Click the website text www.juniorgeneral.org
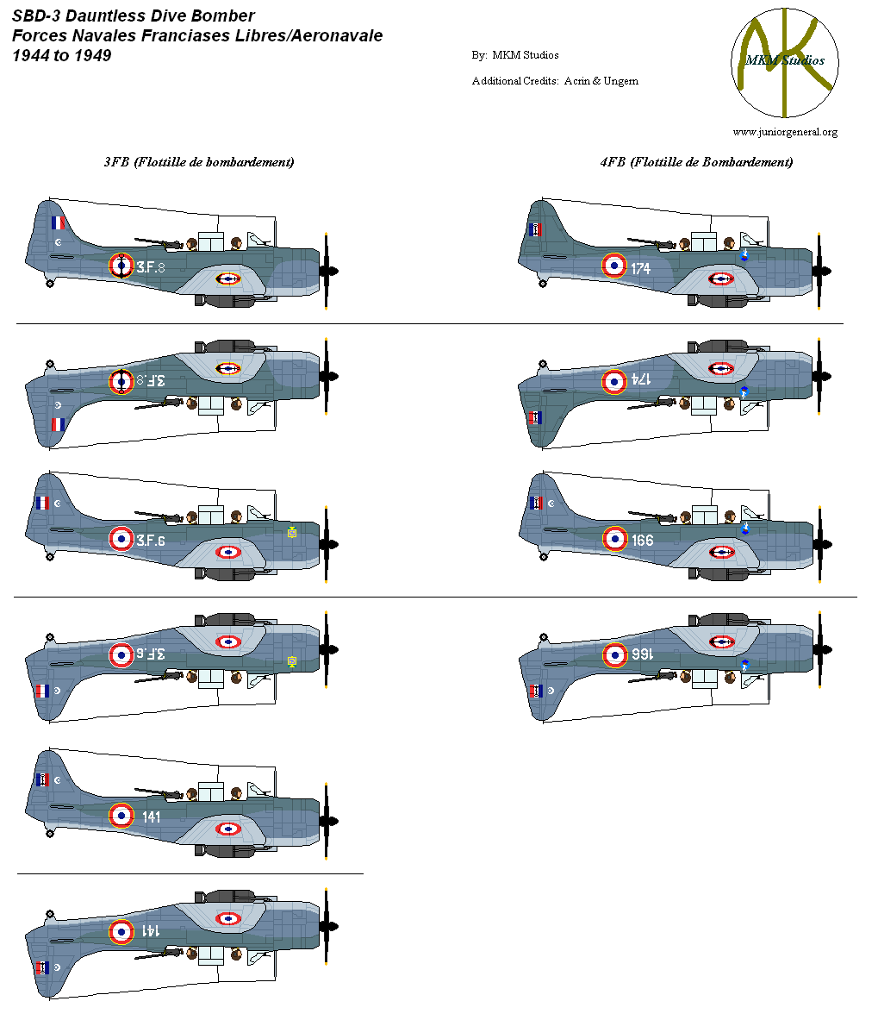click(x=785, y=132)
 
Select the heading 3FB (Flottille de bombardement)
click(x=199, y=161)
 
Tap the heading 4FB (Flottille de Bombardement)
click(x=696, y=161)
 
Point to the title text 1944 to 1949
click(x=62, y=56)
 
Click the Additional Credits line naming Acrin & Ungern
click(x=555, y=81)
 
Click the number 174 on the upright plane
click(x=640, y=269)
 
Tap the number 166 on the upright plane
click(x=642, y=541)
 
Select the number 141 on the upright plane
click(x=152, y=817)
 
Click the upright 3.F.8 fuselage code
click(x=150, y=268)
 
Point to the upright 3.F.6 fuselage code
click(x=150, y=541)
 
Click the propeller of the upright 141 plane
click(x=327, y=821)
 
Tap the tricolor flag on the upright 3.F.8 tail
click(x=58, y=222)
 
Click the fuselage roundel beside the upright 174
click(x=613, y=266)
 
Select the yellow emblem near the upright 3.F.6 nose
click(x=292, y=533)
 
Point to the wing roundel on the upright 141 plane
click(x=228, y=829)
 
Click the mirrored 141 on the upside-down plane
click(x=150, y=931)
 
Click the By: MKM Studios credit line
click(x=515, y=55)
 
